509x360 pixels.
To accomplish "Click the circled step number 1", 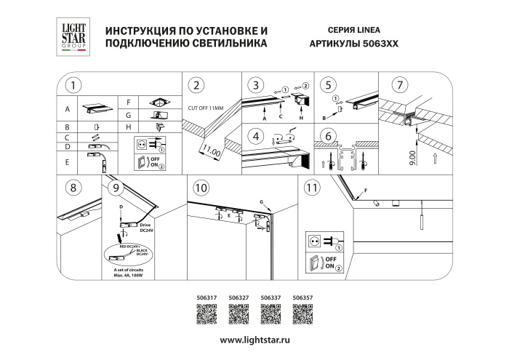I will tap(72, 86).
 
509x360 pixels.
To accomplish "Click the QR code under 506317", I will tap(207, 314).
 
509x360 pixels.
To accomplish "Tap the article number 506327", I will tap(239, 297).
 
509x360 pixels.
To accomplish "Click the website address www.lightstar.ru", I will tap(254, 340).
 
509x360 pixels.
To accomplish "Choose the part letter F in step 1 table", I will tap(128, 102).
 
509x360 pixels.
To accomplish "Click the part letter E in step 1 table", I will tap(68, 162).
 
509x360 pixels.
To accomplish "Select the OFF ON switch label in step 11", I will tap(330, 263).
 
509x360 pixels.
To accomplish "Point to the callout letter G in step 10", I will tap(260, 200).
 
